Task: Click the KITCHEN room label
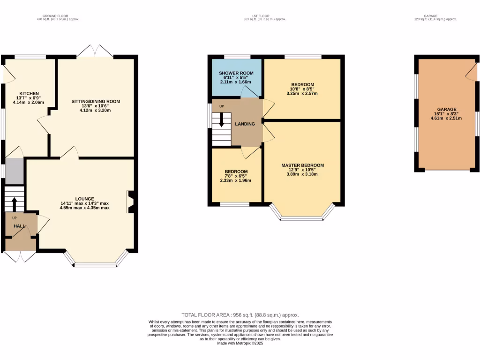click(29, 93)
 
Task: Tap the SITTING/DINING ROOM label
click(96, 101)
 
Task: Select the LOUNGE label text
click(84, 198)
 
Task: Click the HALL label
click(19, 226)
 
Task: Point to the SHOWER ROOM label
click(236, 73)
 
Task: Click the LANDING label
click(245, 124)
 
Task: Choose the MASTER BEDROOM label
click(302, 165)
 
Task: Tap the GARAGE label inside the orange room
click(446, 109)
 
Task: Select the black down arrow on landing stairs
click(222, 120)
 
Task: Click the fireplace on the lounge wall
click(130, 202)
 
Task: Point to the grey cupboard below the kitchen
click(14, 171)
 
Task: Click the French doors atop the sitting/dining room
click(95, 51)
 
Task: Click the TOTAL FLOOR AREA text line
click(240, 315)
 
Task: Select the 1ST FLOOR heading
click(264, 16)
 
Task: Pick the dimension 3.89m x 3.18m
click(302, 174)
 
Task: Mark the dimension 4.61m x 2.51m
click(446, 118)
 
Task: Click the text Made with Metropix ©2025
click(240, 343)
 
